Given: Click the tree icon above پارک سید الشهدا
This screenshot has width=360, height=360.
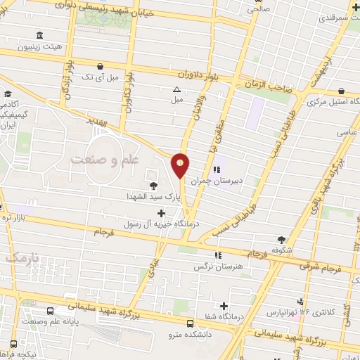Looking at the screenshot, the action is [x=153, y=185].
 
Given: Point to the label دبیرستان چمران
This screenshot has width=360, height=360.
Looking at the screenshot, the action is [x=236, y=180].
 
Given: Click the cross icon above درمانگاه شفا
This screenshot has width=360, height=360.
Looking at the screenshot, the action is [x=224, y=306].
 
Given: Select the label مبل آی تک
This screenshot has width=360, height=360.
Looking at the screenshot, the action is [x=101, y=76].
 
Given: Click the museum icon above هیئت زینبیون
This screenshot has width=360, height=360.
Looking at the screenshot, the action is [x=39, y=35].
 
